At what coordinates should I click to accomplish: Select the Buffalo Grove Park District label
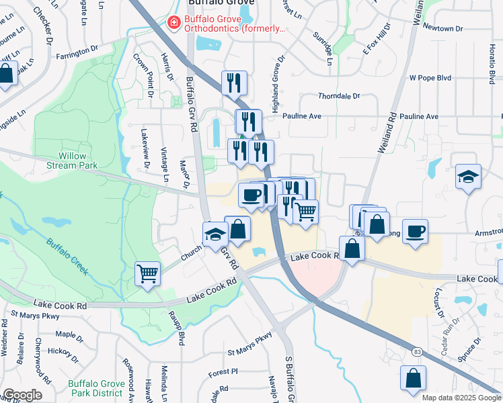[x=96, y=388]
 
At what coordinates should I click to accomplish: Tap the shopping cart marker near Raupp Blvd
[x=147, y=273]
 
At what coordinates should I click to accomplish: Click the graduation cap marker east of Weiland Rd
[x=468, y=177]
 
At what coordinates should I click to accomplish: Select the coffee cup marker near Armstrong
[x=415, y=232]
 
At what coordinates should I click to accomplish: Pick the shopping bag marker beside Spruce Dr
[x=413, y=378]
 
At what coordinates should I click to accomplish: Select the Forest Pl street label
[x=223, y=371]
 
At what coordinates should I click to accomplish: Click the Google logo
[x=22, y=395]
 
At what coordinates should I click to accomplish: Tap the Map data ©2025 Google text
[x=461, y=398]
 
